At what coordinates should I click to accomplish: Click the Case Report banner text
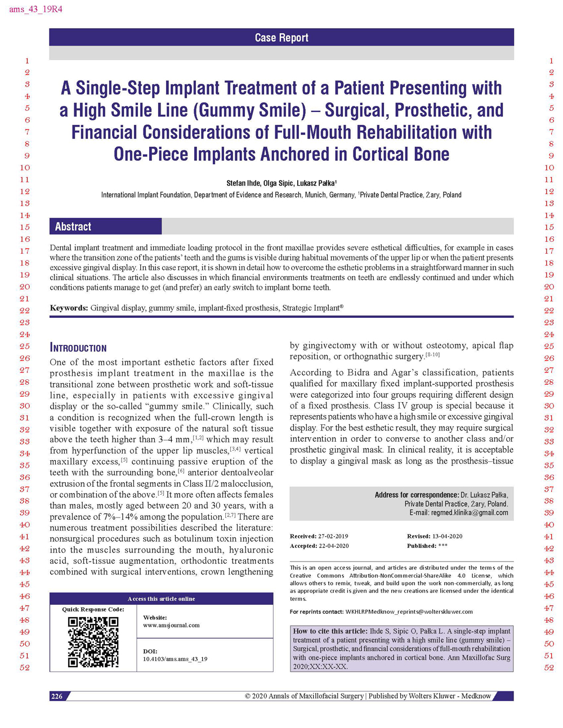point(281,38)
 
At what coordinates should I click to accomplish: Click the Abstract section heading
point(73,227)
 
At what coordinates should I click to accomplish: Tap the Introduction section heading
point(78,348)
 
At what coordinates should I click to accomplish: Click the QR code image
point(93,641)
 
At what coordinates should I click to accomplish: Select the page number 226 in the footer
point(57,696)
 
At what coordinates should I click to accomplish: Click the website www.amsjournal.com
point(171,625)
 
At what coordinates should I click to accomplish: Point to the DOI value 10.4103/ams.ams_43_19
point(175,659)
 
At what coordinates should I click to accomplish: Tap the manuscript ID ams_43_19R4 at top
point(35,10)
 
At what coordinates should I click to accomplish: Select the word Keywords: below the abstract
point(69,308)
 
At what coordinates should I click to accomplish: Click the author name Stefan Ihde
point(243,183)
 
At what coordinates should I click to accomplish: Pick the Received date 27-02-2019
point(333,536)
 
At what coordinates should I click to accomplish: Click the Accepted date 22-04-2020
point(333,546)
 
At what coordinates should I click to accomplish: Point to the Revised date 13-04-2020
point(447,536)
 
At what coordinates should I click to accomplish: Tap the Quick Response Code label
point(93,609)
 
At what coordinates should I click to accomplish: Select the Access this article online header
point(161,599)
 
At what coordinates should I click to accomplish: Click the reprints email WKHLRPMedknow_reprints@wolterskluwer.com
point(409,612)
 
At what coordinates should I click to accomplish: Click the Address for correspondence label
point(417,495)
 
